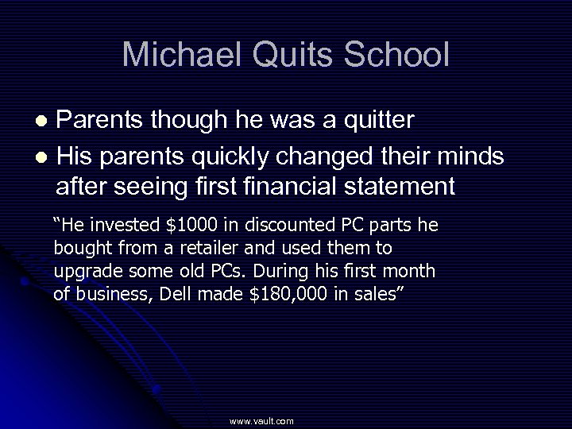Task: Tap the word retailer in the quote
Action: (x=222, y=248)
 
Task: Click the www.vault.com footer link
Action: (x=261, y=421)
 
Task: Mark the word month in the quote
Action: (x=409, y=271)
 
